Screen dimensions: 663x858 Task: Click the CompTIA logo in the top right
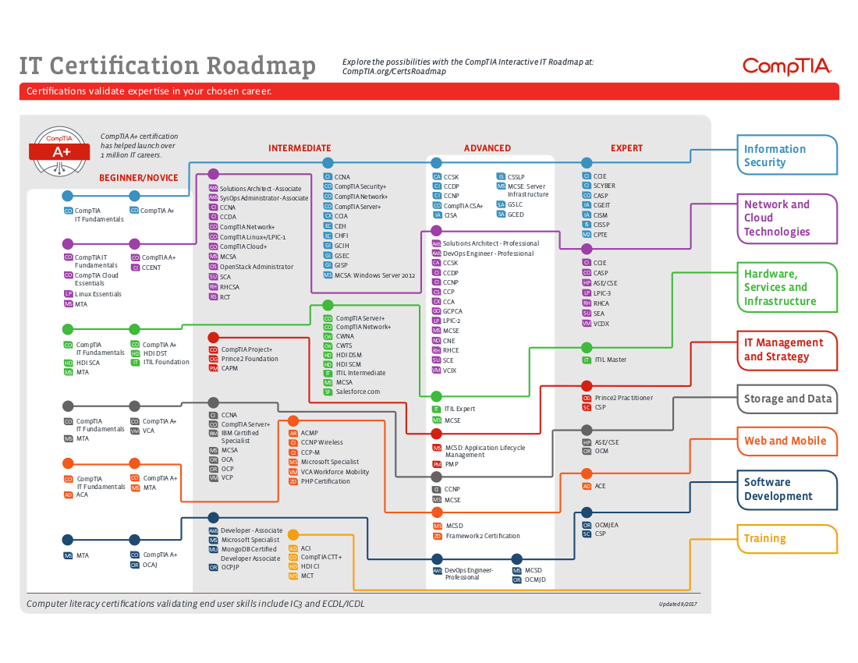coord(787,66)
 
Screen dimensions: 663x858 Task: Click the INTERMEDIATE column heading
coord(300,148)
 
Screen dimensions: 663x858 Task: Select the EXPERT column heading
coord(626,148)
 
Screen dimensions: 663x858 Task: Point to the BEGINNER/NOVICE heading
coord(139,178)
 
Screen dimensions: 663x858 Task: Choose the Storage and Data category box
coord(787,399)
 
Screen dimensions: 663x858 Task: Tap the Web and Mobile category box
coord(785,441)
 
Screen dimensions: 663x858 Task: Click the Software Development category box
coord(786,489)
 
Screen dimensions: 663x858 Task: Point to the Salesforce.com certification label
coord(357,392)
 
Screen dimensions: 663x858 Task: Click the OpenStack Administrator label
coord(256,267)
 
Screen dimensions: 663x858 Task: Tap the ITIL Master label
coord(610,360)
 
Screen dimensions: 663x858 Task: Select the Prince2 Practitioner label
coord(623,398)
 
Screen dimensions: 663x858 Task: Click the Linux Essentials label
coord(98,294)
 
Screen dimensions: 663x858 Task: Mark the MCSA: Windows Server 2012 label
coord(374,275)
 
